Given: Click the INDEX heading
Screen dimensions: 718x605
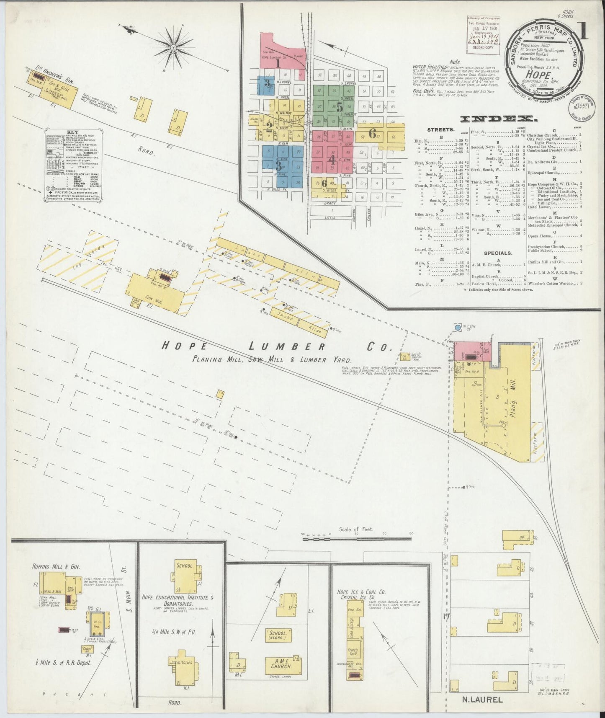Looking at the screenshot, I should tap(498, 119).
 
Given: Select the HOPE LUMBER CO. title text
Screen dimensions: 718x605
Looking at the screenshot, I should tap(276, 346).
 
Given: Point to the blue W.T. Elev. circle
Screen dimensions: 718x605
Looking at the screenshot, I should tap(458, 327).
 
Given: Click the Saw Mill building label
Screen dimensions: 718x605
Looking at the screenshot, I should tap(157, 300).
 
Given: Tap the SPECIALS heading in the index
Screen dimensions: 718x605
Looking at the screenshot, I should tap(497, 253).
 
